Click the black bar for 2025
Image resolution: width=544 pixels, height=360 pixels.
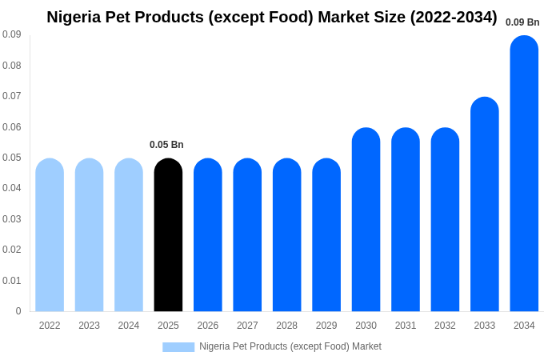click(x=168, y=235)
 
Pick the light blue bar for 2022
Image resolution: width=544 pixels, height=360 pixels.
click(x=50, y=235)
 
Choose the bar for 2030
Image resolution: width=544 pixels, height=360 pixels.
click(x=366, y=220)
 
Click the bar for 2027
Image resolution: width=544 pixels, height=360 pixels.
click(x=247, y=235)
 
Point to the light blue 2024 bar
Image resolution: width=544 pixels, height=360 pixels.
click(x=129, y=235)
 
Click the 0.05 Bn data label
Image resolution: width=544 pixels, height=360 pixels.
click(x=166, y=145)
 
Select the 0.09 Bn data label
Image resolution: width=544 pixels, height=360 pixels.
click(x=522, y=22)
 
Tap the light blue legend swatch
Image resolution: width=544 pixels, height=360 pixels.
click(x=178, y=346)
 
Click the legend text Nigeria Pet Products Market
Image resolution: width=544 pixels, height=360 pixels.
click(x=290, y=346)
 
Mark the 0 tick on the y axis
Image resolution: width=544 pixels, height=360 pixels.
click(x=18, y=311)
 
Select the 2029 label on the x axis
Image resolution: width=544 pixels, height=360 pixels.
click(x=326, y=326)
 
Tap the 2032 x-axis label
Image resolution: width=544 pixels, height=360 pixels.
click(x=445, y=326)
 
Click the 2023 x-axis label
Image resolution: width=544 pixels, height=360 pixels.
click(x=89, y=326)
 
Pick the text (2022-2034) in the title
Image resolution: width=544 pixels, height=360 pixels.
click(x=454, y=17)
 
